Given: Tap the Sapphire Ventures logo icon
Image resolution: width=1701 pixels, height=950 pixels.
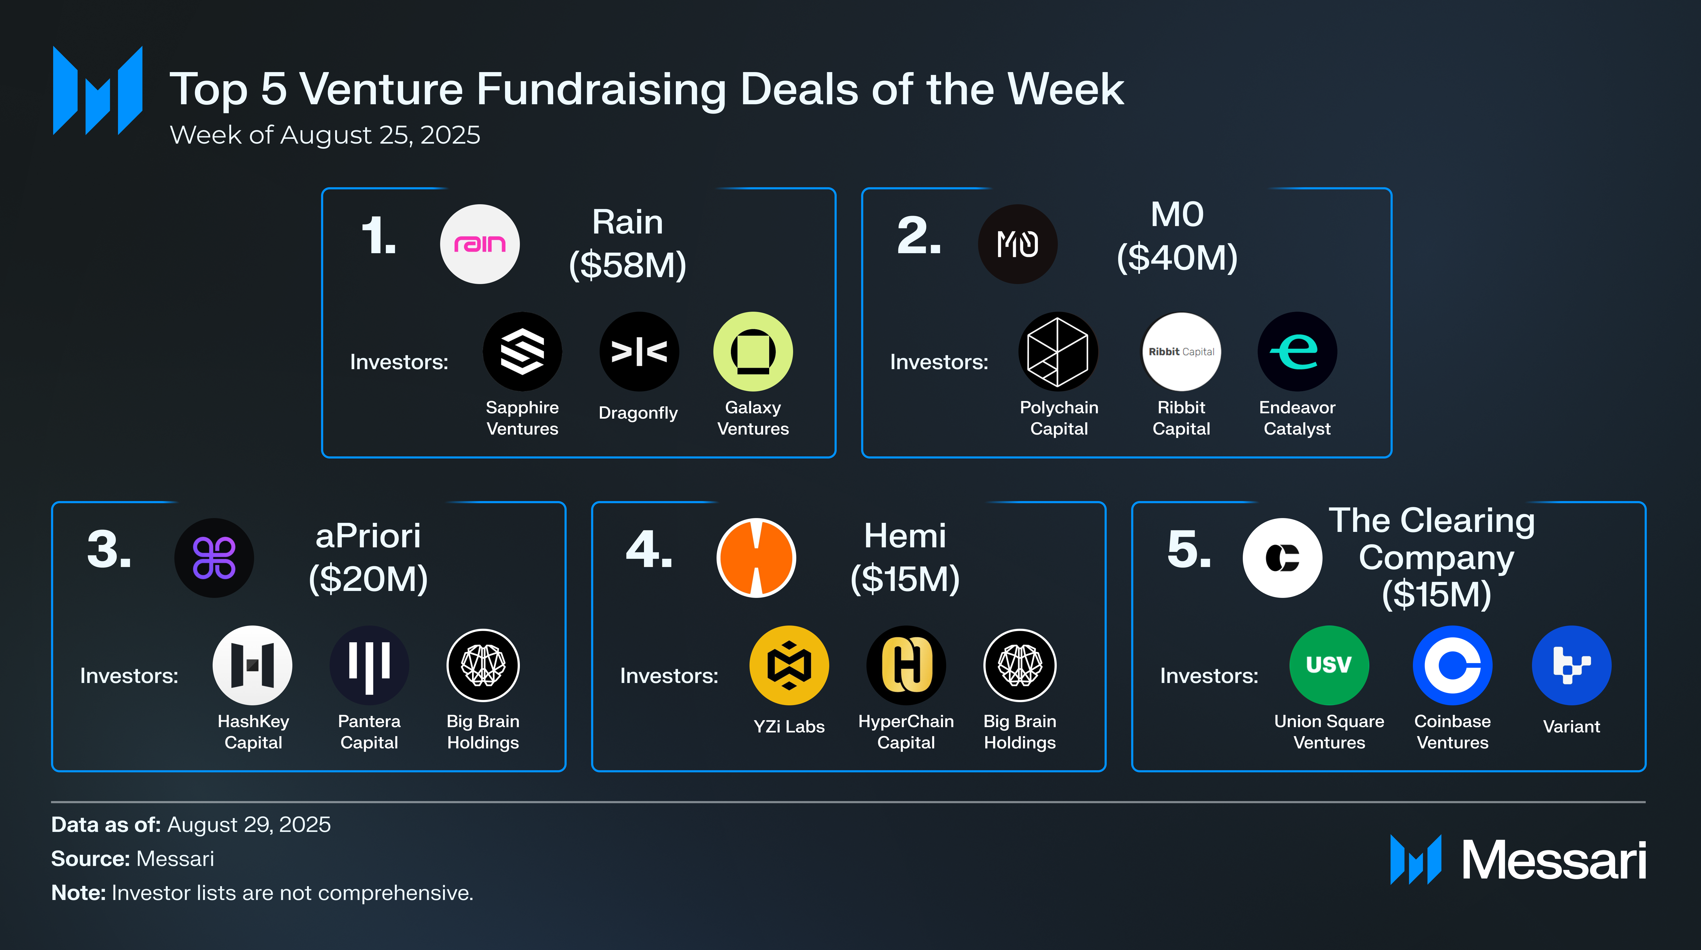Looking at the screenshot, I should (x=522, y=351).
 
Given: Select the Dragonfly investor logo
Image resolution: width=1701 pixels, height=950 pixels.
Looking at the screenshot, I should (x=638, y=351).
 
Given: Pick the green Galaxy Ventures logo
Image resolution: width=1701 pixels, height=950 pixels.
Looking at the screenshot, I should (x=753, y=351).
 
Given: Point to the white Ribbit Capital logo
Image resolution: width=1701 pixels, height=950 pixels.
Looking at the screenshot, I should (x=1181, y=351).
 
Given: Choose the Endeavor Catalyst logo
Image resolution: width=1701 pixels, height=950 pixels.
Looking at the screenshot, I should (x=1297, y=351).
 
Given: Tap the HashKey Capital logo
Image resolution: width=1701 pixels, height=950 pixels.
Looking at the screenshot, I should (x=252, y=665).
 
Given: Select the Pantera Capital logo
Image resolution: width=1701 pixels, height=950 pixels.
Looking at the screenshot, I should (x=369, y=665).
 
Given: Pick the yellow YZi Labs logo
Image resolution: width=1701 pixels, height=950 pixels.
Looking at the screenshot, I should (x=789, y=665).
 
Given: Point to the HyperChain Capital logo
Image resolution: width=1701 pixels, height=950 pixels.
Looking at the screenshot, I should (x=906, y=665).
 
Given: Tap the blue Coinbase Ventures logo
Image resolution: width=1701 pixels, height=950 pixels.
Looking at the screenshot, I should (x=1452, y=665).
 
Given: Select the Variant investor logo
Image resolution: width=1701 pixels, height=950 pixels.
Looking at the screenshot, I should (x=1572, y=665).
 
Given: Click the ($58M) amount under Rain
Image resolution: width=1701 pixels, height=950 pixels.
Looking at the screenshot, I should (x=627, y=265).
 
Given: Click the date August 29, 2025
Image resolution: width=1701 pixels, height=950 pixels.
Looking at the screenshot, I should (x=249, y=824).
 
